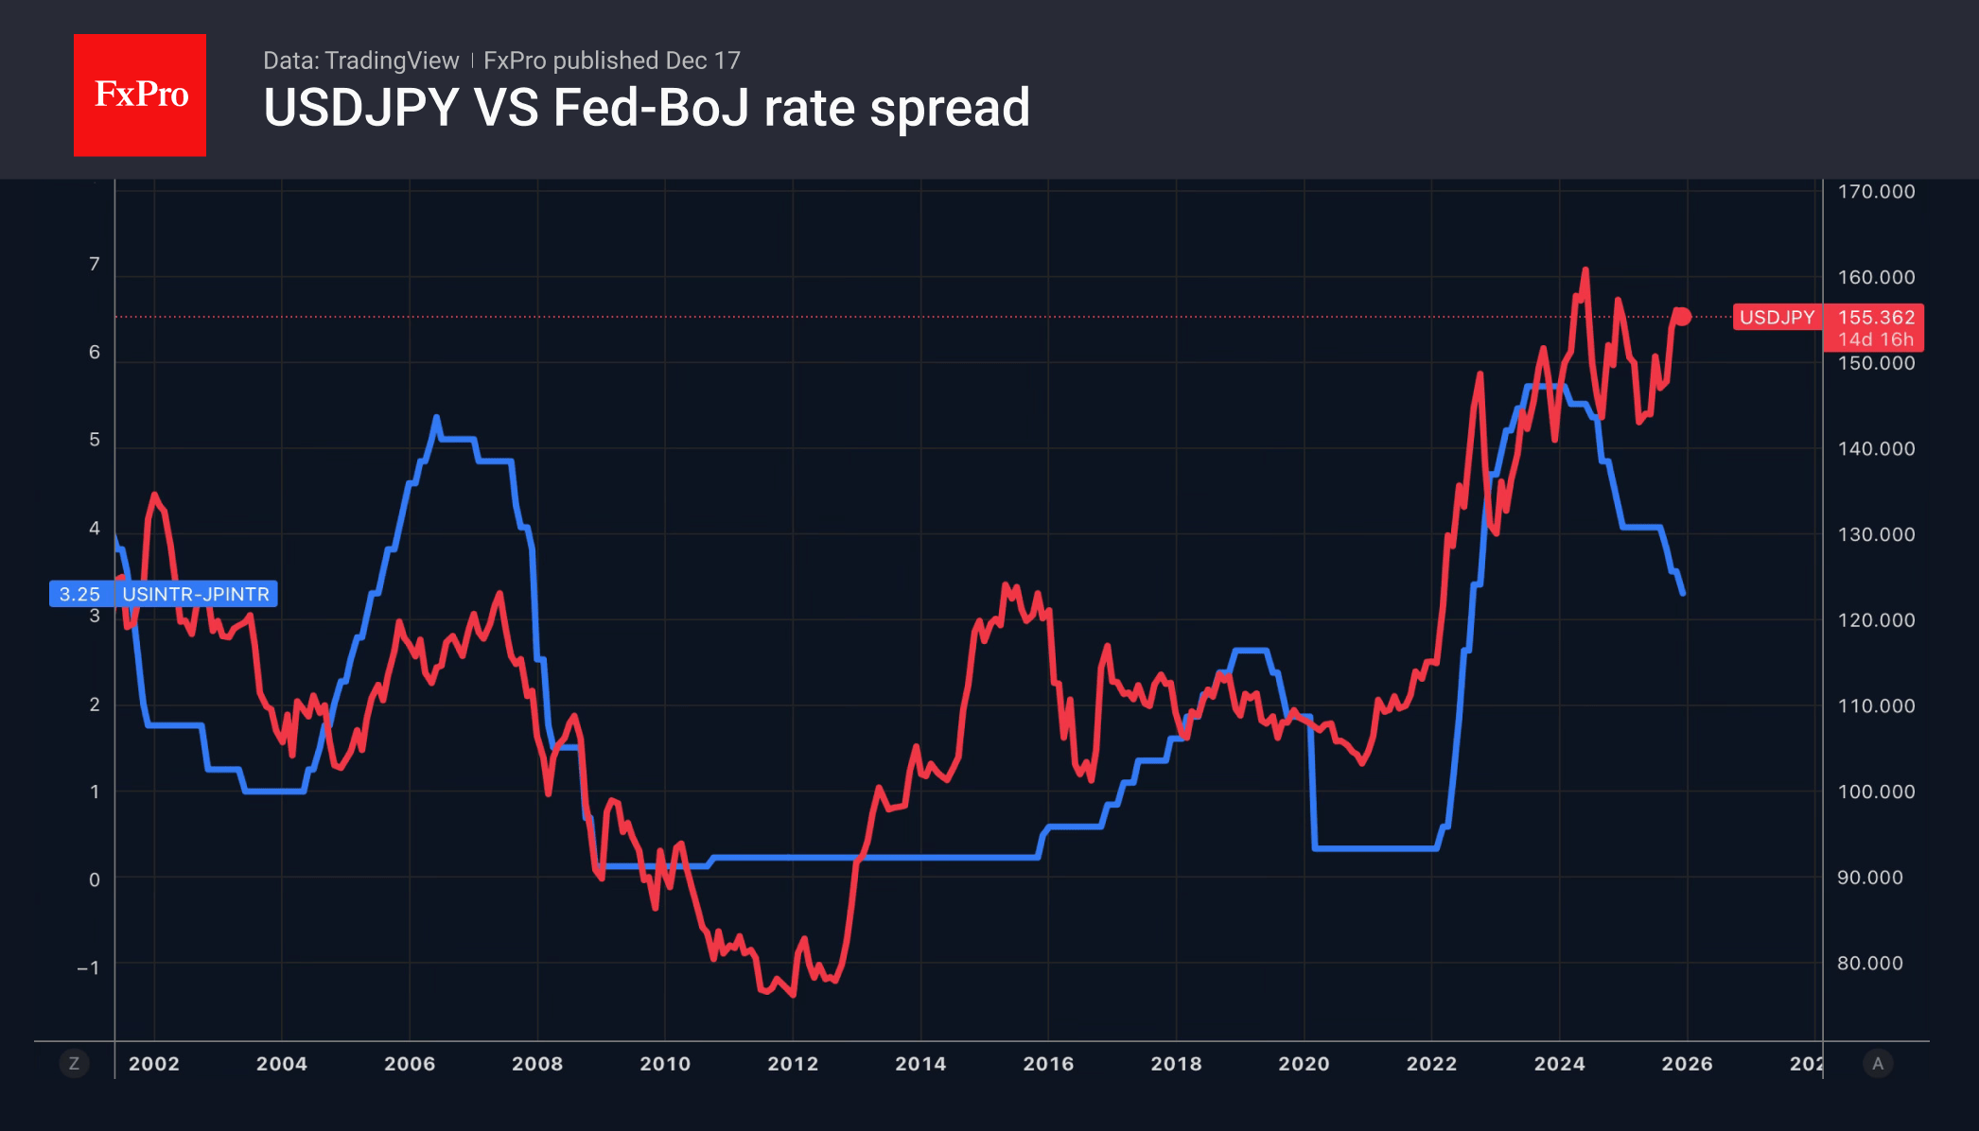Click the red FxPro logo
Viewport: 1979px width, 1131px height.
(140, 95)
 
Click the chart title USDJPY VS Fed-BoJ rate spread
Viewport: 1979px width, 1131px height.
(646, 108)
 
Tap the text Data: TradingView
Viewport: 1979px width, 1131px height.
(360, 61)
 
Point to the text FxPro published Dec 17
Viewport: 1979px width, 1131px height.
(611, 61)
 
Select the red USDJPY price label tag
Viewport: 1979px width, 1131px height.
(1777, 318)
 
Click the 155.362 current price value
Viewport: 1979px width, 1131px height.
(1876, 318)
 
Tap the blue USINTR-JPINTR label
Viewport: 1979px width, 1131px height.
(196, 594)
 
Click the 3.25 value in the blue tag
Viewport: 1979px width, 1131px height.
(79, 594)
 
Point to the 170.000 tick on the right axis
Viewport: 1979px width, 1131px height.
(1876, 192)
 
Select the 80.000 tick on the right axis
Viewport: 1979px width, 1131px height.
(1869, 964)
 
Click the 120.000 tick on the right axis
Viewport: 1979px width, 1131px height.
(1876, 620)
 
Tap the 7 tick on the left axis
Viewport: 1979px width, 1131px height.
(95, 265)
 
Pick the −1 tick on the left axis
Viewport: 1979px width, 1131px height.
(89, 968)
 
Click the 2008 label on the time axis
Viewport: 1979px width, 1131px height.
(537, 1064)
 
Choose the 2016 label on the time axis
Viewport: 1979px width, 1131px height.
(1048, 1064)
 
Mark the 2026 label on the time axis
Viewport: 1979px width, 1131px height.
(1687, 1064)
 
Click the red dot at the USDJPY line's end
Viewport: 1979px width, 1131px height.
(1682, 317)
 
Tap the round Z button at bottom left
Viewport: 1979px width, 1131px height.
(74, 1064)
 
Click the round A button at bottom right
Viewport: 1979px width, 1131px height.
(1878, 1064)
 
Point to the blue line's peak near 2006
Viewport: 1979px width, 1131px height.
(436, 417)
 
